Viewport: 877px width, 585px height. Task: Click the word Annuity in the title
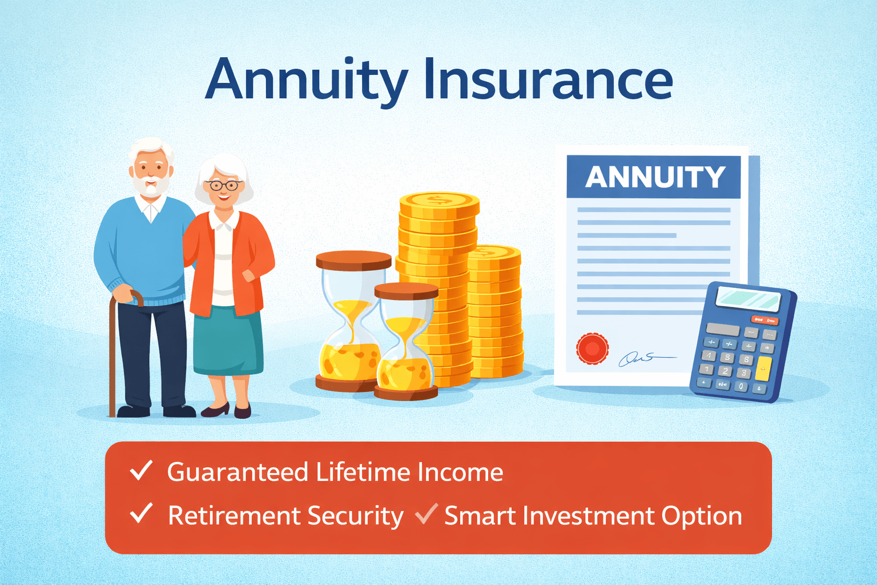pos(307,82)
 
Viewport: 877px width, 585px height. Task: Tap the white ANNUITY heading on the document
pos(655,177)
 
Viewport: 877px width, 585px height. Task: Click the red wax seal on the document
pos(592,348)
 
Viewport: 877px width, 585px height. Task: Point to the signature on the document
pos(646,359)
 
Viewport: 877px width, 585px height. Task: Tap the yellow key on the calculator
pos(763,368)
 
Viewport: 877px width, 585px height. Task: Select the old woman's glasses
pos(224,185)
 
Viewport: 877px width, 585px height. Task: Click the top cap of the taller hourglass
pos(353,261)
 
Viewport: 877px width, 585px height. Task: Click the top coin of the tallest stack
pos(439,205)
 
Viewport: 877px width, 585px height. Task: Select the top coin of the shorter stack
pos(494,257)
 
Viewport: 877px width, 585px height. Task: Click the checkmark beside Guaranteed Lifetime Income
pos(141,470)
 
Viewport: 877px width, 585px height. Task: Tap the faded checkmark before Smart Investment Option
pos(426,513)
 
